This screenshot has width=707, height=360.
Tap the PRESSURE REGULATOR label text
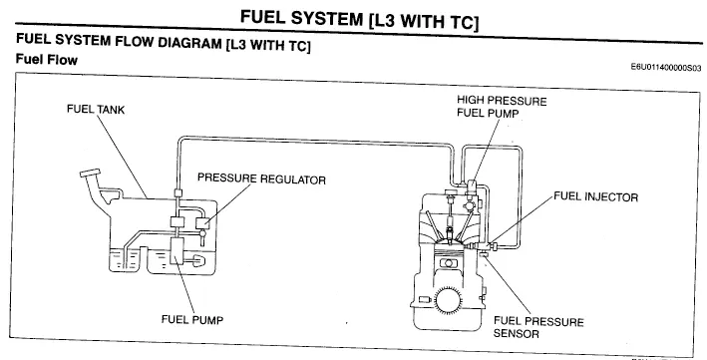pos(261,179)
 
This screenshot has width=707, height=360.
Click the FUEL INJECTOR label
pos(595,197)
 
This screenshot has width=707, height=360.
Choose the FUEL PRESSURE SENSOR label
pos(538,328)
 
